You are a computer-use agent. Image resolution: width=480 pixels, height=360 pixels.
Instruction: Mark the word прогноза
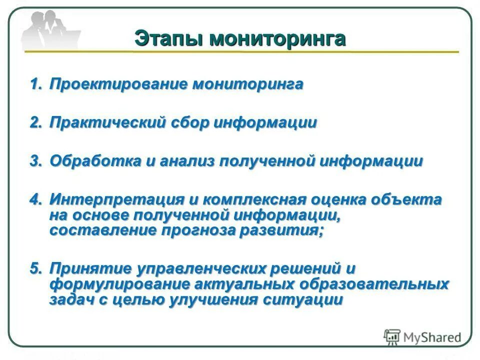[198, 230]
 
